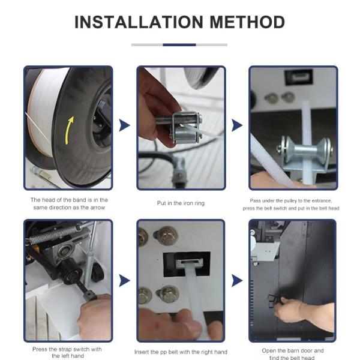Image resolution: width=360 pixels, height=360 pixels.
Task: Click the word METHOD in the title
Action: [x=247, y=22]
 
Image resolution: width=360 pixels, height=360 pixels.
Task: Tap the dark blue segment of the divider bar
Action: [x=179, y=45]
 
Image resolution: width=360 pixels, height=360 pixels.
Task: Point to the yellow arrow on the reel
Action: [x=70, y=130]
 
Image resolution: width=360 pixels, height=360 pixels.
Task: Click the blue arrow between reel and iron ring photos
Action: [x=124, y=125]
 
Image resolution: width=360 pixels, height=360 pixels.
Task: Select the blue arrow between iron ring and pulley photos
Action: [x=237, y=125]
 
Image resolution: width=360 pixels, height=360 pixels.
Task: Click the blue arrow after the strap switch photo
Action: [x=124, y=281]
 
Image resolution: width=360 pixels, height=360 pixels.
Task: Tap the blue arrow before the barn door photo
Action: [x=237, y=281]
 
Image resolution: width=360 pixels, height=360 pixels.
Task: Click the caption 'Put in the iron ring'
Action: [x=181, y=203]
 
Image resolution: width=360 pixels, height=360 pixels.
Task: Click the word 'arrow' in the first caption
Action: [x=98, y=208]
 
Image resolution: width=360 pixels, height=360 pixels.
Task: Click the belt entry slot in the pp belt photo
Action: [x=190, y=262]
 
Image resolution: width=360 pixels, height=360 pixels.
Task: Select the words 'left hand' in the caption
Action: [x=68, y=356]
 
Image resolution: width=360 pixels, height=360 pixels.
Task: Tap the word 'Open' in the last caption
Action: [x=269, y=351]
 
